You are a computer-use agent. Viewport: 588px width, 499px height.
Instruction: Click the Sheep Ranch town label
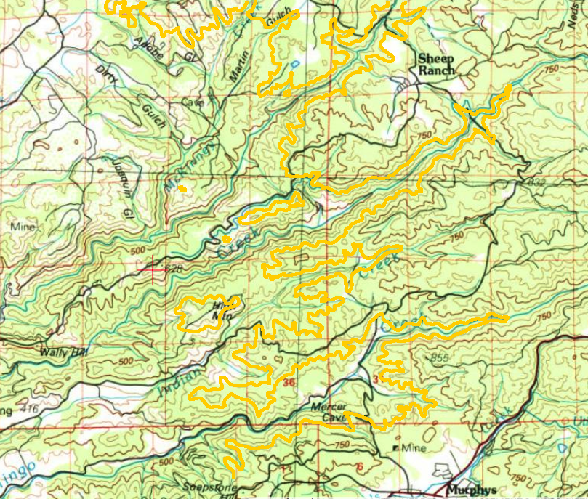(x=435, y=64)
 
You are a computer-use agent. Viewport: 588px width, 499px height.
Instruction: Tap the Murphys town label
(x=472, y=490)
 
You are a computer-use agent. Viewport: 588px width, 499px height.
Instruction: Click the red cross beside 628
(x=155, y=269)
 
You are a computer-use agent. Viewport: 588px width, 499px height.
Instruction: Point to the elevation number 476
(x=29, y=410)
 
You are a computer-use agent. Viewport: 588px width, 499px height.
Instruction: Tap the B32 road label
(x=537, y=180)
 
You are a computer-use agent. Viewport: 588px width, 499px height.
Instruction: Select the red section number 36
(x=290, y=383)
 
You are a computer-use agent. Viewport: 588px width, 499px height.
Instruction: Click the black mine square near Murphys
(x=395, y=448)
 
